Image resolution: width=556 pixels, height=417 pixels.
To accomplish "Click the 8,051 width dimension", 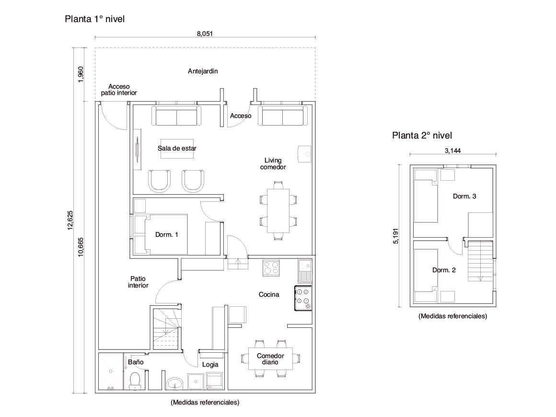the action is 205,34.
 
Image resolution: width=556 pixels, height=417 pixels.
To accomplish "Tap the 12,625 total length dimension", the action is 70,220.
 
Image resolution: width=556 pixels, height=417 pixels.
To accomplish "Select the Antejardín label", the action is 203,71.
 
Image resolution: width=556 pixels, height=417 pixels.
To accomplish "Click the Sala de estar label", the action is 177,148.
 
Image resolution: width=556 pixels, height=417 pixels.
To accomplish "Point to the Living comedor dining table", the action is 278,210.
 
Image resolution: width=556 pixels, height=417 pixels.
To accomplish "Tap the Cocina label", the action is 269,294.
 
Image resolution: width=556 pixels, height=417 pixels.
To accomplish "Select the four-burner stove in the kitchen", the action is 303,298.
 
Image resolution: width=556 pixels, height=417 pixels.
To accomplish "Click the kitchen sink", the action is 305,271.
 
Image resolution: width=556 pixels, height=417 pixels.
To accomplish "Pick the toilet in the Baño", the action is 135,381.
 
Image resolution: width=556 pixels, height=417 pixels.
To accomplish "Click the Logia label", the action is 210,365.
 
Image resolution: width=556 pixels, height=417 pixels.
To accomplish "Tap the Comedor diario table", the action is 270,359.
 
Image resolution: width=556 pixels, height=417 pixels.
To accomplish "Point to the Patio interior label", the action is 138,282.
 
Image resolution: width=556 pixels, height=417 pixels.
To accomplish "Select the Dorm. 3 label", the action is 464,196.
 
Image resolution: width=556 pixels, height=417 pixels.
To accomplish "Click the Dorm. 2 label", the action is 444,270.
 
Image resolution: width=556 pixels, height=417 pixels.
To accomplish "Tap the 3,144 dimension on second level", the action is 453,151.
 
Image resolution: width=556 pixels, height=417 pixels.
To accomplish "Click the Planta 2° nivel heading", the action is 422,136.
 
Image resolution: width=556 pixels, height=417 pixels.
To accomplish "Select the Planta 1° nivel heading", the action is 95,19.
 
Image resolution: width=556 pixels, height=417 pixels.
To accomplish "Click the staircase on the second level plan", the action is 480,261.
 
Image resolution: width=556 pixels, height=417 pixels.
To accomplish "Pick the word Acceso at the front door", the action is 241,116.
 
